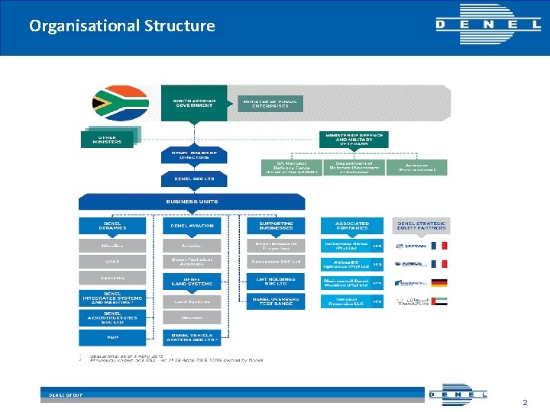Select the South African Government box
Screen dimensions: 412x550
(x=194, y=103)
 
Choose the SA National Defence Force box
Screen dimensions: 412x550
(x=291, y=167)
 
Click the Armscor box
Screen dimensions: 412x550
(x=417, y=167)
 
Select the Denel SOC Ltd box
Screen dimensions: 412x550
(x=194, y=179)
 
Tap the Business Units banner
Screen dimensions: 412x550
(x=192, y=201)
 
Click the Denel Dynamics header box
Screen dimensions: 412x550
(x=112, y=226)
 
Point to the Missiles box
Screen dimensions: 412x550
(x=112, y=246)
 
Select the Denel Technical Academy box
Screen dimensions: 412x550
(x=192, y=262)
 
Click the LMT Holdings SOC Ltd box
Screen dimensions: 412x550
(x=275, y=282)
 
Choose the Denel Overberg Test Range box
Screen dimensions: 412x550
(x=275, y=301)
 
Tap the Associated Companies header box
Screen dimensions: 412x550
(x=352, y=226)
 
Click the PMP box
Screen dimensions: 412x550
(x=112, y=337)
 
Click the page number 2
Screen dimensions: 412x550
(x=525, y=401)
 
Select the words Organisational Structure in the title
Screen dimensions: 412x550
(x=122, y=26)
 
